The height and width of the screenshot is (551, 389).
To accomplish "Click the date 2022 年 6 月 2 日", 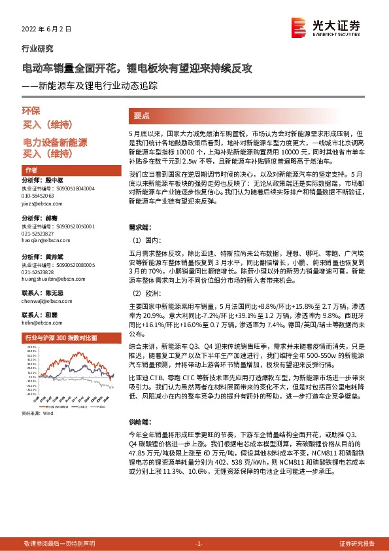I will click(x=46, y=29).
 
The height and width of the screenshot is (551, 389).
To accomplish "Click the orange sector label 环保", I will click(x=31, y=111).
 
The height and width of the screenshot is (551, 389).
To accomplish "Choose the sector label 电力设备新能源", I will click(x=55, y=142).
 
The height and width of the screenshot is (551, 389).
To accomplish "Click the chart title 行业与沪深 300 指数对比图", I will click(x=60, y=338).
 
